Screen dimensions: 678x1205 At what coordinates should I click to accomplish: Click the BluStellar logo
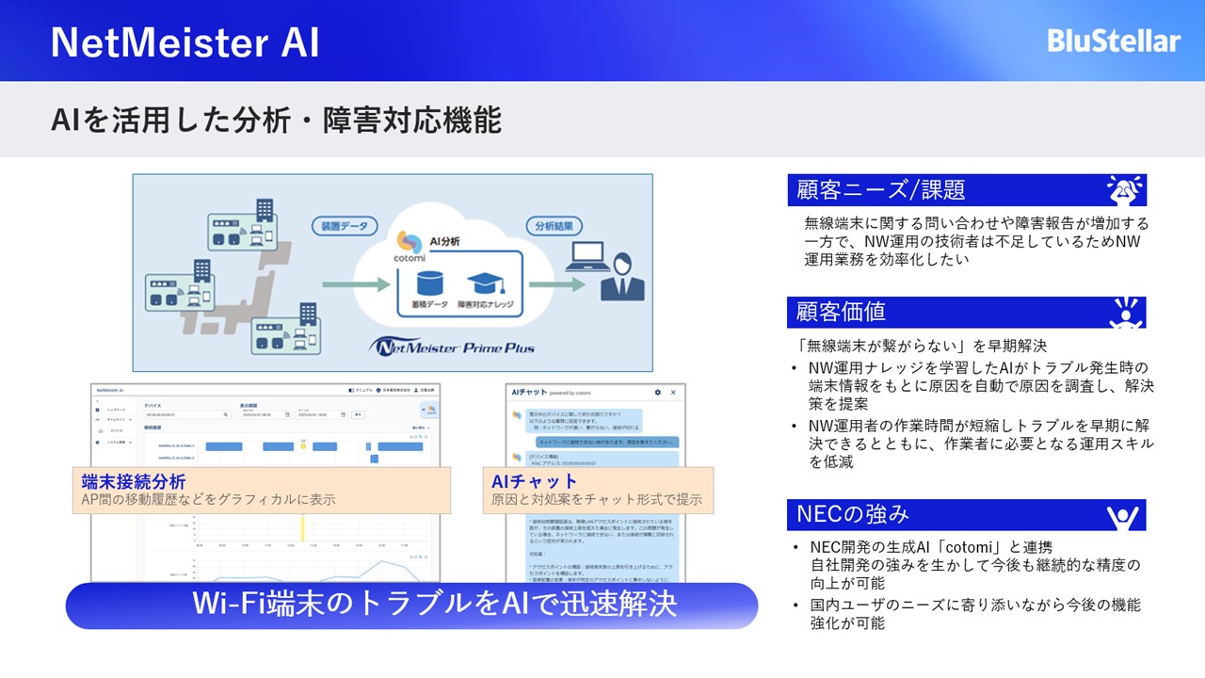point(1114,40)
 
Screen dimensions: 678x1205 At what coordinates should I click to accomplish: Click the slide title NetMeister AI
point(185,42)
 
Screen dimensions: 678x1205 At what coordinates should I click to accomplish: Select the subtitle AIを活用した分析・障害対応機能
point(275,121)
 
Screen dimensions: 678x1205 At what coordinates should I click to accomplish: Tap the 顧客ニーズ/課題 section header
point(880,190)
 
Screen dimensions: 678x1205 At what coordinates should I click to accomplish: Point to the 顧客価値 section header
point(841,312)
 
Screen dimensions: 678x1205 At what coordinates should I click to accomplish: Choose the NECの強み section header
point(853,514)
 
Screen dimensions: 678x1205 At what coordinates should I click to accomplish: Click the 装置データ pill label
point(345,226)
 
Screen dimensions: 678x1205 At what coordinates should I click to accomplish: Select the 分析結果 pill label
point(554,226)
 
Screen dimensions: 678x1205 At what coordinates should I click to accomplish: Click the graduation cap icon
point(483,282)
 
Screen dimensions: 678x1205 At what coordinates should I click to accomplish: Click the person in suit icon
point(623,275)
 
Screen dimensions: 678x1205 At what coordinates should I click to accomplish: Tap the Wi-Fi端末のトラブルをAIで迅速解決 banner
point(411,605)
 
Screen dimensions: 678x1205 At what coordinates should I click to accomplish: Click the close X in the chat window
point(673,392)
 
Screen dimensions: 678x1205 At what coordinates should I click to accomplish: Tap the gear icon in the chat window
point(657,392)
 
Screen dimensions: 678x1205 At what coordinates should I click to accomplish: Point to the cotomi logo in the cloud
point(409,247)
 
